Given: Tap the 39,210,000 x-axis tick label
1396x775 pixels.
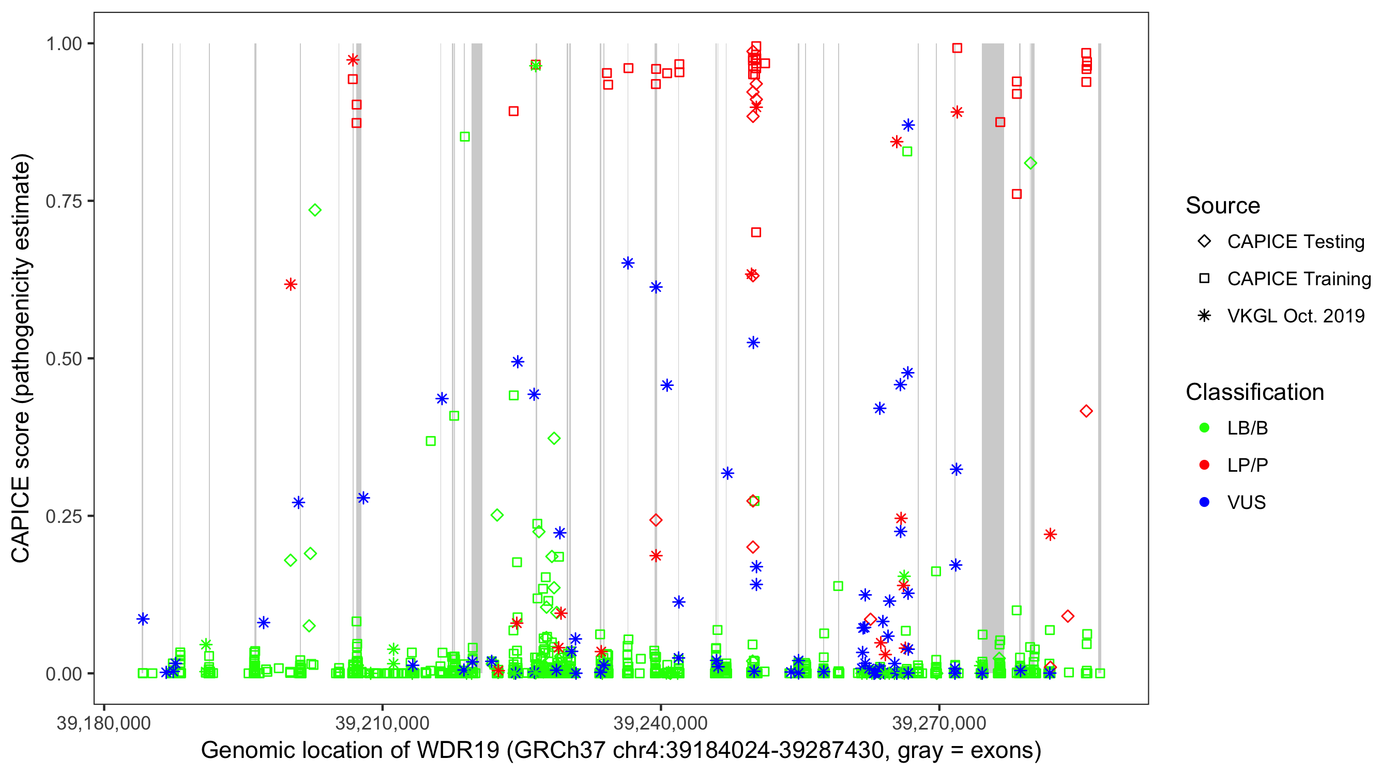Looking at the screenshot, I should [382, 723].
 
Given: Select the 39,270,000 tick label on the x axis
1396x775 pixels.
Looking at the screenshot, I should [938, 723].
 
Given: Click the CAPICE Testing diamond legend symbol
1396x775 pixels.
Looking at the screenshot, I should [1204, 242].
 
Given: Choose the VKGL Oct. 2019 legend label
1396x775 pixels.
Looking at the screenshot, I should [1295, 316].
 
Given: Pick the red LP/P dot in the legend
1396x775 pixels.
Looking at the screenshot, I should [1204, 465].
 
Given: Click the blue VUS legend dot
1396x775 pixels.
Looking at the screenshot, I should [1204, 503].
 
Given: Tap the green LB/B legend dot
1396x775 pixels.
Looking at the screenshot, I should [1204, 428].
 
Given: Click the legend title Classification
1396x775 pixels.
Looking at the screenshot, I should [1254, 392].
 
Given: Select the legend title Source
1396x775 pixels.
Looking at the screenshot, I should [1223, 206].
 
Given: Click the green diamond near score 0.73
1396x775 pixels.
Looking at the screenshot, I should [315, 210].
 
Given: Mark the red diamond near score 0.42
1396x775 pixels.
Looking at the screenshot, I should [1086, 412].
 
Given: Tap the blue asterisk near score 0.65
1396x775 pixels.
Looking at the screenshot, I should [628, 263].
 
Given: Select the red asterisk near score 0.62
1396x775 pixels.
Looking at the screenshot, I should [291, 284].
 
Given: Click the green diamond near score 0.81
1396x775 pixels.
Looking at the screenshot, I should [1031, 163].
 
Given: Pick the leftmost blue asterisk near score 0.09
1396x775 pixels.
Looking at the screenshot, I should [143, 619].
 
